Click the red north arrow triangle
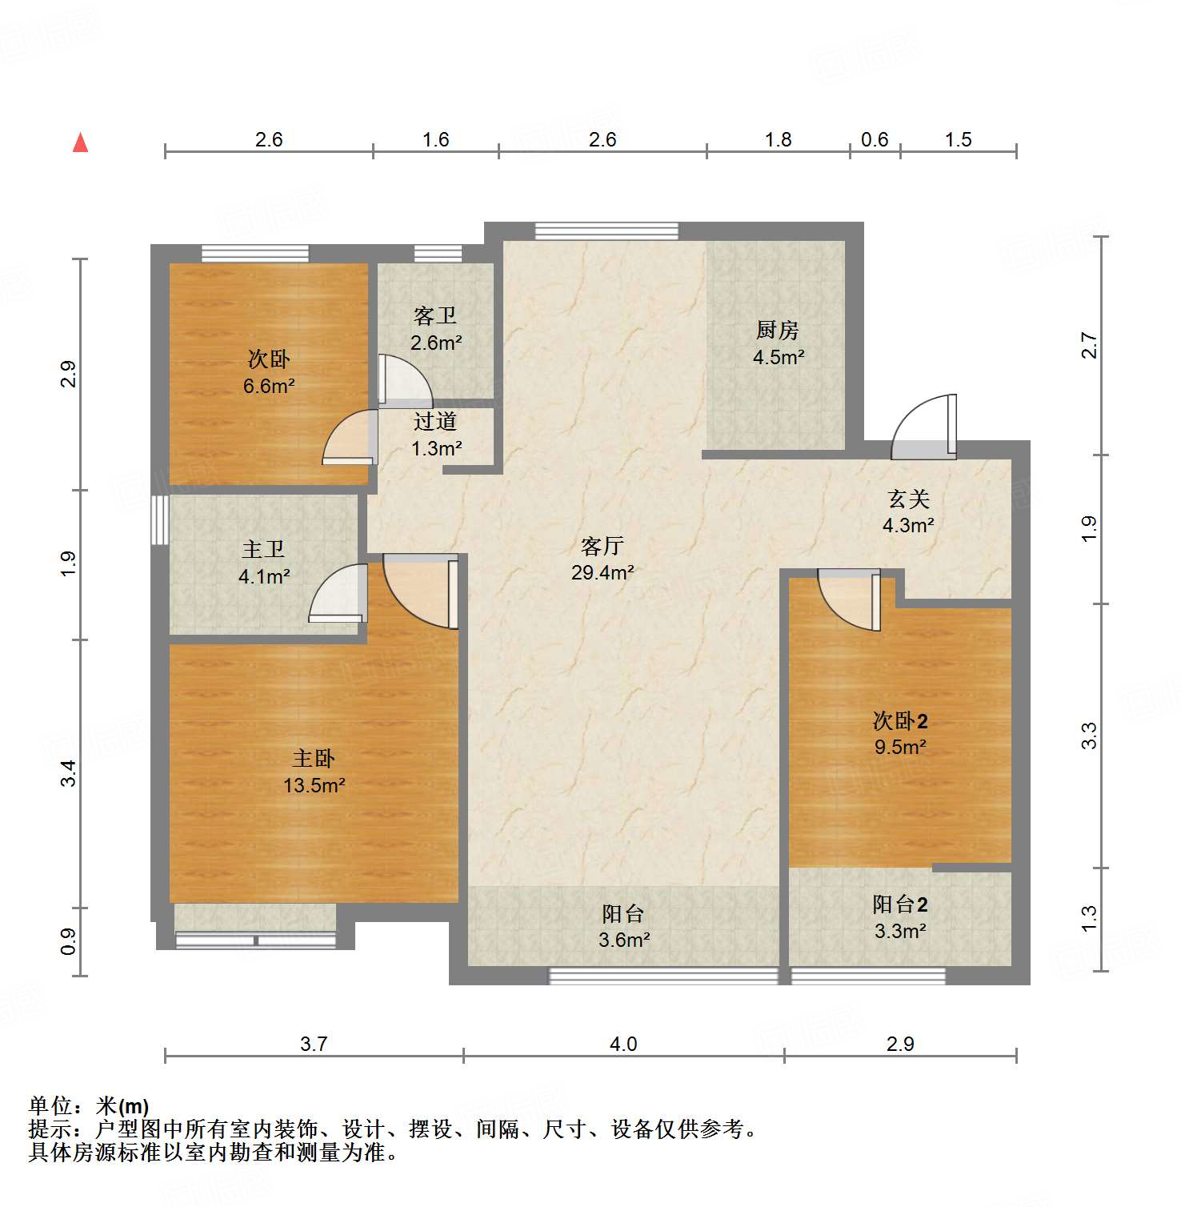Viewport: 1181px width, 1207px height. tap(80, 142)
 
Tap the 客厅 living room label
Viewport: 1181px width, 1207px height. tap(602, 547)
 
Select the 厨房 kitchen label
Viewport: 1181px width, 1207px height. tap(777, 330)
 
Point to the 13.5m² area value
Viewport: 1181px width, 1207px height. tap(314, 786)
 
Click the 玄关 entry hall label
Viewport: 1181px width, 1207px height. tap(908, 499)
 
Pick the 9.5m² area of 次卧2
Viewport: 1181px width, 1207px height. tap(900, 748)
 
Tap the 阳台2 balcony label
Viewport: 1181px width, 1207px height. tap(900, 904)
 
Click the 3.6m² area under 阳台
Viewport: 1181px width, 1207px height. tap(624, 940)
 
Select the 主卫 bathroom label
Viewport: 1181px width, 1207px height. tap(263, 549)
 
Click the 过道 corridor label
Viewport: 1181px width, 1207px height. tap(435, 421)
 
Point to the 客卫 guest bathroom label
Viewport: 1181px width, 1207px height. tap(435, 316)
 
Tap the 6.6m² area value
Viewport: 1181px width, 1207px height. tap(269, 386)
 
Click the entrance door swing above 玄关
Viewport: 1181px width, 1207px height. tap(924, 428)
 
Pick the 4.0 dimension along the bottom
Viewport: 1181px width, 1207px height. tap(623, 1044)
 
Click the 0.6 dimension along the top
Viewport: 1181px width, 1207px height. tap(875, 139)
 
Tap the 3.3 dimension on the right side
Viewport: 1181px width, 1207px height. tap(1089, 736)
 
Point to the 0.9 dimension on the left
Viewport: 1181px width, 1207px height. tap(69, 941)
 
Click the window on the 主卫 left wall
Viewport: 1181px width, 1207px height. tap(160, 520)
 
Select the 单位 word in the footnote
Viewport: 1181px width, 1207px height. tap(50, 1106)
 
